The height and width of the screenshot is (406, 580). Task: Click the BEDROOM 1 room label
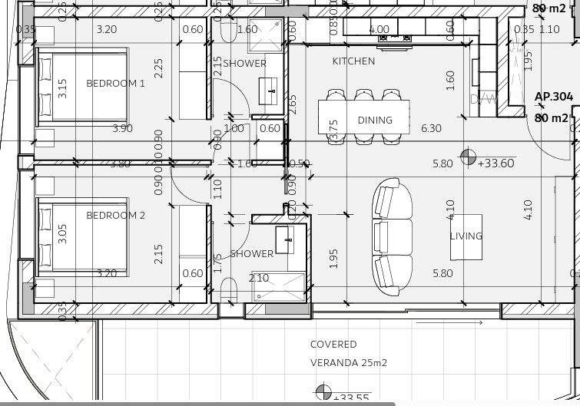115,83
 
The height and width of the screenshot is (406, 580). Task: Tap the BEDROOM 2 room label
115,216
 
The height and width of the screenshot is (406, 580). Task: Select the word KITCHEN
353,61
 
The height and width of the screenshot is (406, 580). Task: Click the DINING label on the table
375,120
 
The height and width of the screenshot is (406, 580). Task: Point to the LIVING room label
466,236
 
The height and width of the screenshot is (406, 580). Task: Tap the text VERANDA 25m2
344,362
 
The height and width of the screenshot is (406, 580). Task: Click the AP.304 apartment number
552,97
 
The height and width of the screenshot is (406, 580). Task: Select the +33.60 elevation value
495,163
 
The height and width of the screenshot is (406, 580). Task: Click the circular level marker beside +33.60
467,158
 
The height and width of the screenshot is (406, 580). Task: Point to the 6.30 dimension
432,128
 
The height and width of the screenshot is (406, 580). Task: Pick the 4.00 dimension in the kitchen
379,30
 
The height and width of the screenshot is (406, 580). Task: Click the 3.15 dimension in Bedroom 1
62,88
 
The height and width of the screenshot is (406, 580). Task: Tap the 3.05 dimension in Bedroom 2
62,234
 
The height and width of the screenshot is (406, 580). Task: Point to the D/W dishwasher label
485,99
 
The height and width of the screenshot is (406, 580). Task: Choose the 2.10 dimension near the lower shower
259,278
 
